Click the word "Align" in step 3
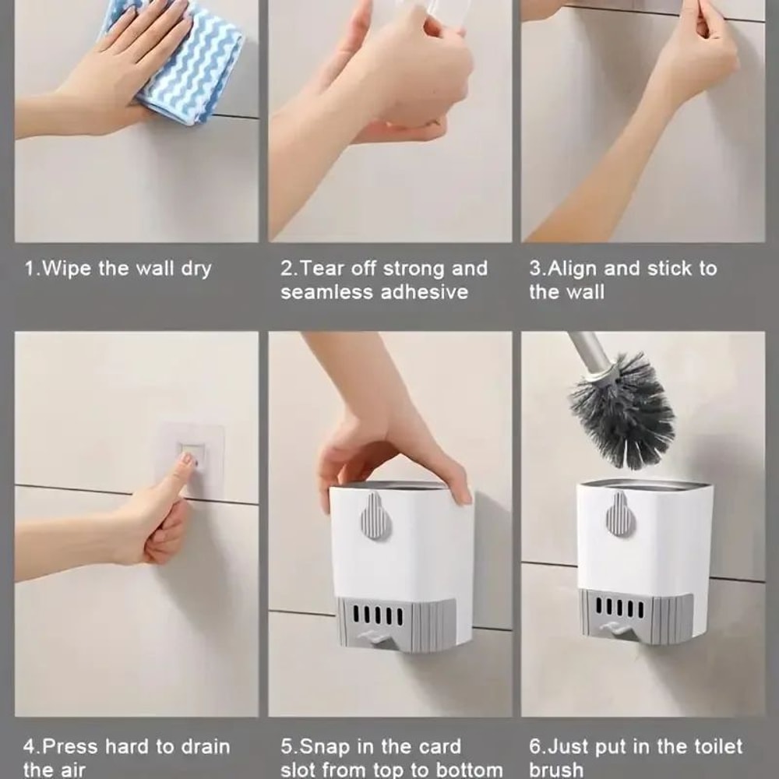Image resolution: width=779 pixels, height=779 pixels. (573, 269)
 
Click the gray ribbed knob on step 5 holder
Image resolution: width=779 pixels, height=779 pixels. (375, 515)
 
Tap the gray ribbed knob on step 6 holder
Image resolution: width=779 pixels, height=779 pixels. (619, 513)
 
